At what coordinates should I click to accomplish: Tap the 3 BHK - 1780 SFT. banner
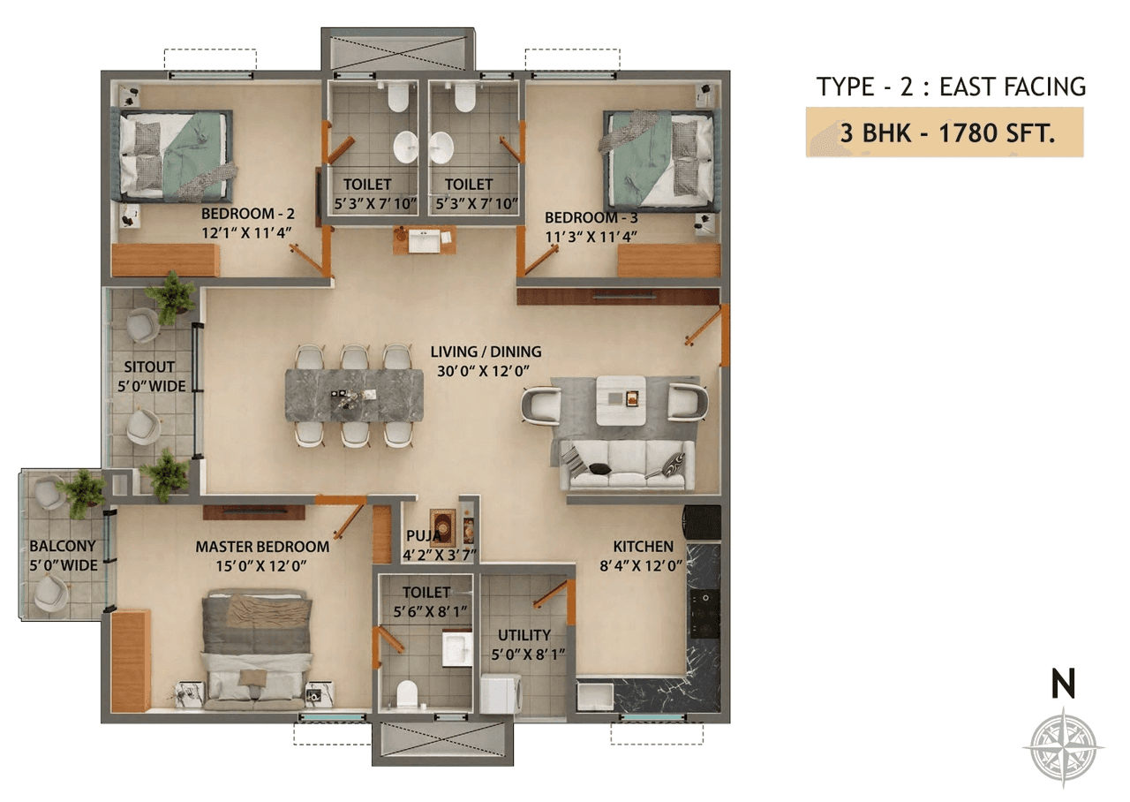(944, 133)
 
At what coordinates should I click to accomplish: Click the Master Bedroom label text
(262, 547)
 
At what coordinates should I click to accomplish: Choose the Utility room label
(524, 635)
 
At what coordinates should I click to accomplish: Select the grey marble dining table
(354, 395)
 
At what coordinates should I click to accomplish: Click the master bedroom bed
(257, 650)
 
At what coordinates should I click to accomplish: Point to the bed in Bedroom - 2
(174, 155)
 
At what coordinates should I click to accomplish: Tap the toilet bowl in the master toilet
(407, 694)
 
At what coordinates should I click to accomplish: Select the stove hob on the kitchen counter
(704, 610)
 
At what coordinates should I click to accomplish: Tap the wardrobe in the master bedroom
(131, 660)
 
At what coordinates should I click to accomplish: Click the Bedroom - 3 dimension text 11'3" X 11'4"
(591, 235)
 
